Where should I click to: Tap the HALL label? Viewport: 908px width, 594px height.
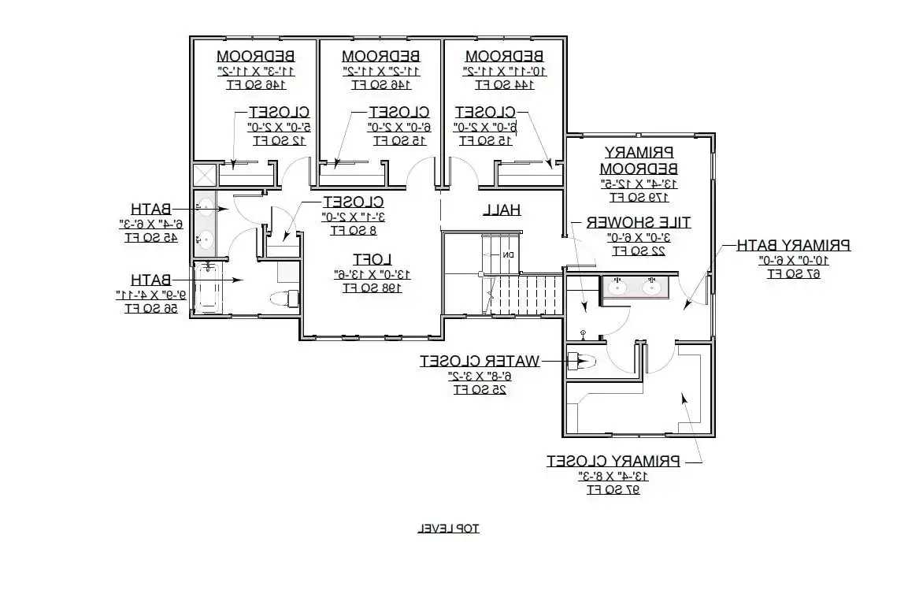(501, 209)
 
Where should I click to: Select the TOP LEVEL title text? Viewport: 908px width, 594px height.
(448, 528)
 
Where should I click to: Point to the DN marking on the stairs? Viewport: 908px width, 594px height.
(509, 254)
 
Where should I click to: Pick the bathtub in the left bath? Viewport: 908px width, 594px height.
(208, 288)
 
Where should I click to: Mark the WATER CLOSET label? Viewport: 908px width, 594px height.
(480, 361)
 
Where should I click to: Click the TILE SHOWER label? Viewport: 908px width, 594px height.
(638, 222)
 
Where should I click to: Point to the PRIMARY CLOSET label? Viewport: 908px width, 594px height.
(613, 461)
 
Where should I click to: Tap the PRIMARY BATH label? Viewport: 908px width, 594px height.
(793, 245)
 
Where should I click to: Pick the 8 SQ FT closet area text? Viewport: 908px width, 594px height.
(353, 230)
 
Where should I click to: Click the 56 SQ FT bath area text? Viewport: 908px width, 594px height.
(150, 308)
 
